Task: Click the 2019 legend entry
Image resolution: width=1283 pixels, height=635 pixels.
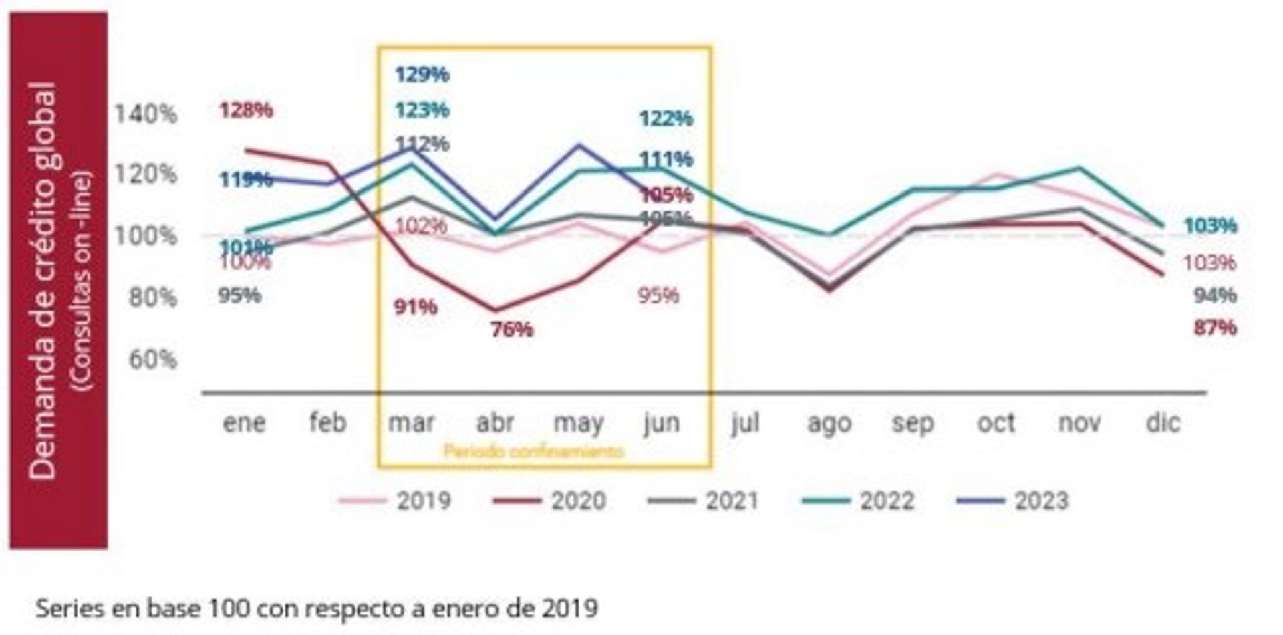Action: [396, 501]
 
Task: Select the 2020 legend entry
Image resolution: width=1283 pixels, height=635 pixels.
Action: [550, 501]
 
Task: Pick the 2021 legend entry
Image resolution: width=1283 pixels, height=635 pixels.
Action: [704, 501]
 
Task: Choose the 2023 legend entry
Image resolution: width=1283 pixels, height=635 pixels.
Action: [1014, 501]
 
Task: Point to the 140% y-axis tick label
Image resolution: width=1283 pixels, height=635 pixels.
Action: [146, 114]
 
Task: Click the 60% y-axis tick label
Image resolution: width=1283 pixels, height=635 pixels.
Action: [152, 359]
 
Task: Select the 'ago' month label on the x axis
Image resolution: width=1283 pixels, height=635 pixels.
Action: [829, 423]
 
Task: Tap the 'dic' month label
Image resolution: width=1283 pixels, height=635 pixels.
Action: [1163, 423]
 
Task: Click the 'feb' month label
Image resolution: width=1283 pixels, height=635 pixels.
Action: [328, 423]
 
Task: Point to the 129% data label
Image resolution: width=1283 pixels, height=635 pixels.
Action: [422, 74]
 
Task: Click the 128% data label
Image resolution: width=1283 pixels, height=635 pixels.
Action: [246, 110]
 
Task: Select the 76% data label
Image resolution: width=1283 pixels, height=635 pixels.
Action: [512, 330]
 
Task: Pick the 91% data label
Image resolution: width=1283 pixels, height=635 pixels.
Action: [416, 307]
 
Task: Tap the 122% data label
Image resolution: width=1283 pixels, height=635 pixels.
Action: [666, 119]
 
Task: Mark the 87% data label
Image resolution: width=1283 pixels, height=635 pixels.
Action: [1215, 328]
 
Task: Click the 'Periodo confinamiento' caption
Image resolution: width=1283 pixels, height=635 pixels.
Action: [533, 451]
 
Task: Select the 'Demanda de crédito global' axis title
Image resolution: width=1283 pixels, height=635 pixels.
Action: [43, 281]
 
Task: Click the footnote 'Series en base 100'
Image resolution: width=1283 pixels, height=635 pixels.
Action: [316, 609]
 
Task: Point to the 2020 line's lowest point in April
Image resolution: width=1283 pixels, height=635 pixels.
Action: [495, 310]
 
